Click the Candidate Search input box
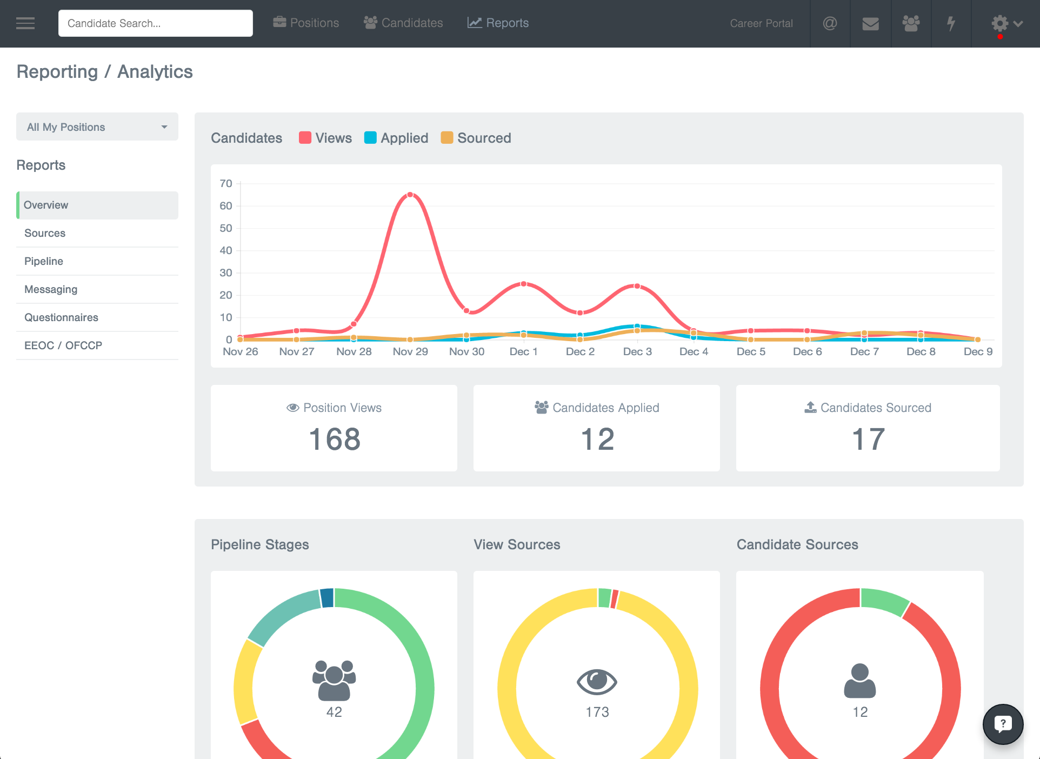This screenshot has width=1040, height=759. pos(155,23)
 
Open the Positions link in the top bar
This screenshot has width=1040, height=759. pos(306,23)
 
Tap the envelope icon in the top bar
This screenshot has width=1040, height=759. pos(870,23)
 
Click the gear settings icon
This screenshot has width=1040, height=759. pos(999,23)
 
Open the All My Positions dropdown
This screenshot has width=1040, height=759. pos(97,127)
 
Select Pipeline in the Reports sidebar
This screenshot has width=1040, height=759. pos(44,261)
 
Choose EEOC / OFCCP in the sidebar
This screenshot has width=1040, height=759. pos(63,345)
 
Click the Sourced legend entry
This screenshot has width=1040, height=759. pos(476,138)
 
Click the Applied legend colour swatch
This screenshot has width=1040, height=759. pos(370,138)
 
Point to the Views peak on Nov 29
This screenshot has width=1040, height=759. pos(410,195)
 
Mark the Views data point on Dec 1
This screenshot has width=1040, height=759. pos(523,284)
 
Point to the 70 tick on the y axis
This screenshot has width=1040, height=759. pos(226,183)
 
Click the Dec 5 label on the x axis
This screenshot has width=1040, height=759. pos(751,351)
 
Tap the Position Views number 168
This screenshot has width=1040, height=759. pos(335,439)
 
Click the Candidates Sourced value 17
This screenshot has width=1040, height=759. pos(868,439)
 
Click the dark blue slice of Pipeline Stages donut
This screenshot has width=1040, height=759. pos(327,598)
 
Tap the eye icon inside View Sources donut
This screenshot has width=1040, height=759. pos(597,681)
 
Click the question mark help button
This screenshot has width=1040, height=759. pos(1003,724)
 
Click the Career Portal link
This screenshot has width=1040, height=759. pos(761,23)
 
